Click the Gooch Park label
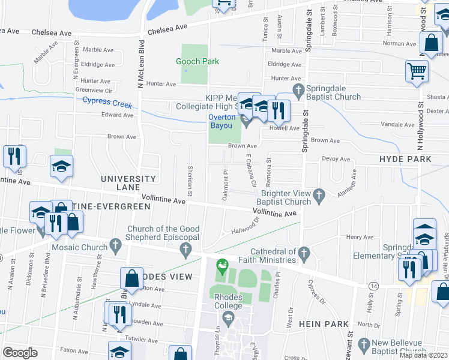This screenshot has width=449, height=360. [x=197, y=61]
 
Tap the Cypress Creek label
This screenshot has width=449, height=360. [x=107, y=103]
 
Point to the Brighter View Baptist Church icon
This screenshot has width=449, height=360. [x=319, y=194]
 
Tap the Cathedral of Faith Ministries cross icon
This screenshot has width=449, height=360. [x=304, y=252]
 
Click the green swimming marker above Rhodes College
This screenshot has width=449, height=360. [x=222, y=265]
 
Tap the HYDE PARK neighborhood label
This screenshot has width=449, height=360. [x=405, y=159]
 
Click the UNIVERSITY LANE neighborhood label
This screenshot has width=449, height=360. [x=128, y=179]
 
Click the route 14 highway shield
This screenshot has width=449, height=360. [x=374, y=287]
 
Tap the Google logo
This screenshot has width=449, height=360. [x=20, y=352]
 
